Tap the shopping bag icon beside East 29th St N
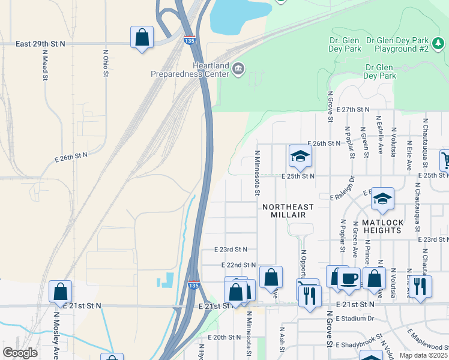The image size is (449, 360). point(142,37)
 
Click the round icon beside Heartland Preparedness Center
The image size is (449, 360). point(239,70)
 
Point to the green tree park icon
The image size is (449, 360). point(439,43)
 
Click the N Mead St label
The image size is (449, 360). point(45,65)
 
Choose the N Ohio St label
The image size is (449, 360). point(105,63)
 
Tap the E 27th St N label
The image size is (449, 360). point(353,110)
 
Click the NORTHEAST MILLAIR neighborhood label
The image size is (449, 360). point(288,211)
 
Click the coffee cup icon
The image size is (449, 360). point(349,278)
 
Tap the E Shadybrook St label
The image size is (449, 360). point(361,343)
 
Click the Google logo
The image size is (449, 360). point(20,353)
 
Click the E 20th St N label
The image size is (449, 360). point(223,337)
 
